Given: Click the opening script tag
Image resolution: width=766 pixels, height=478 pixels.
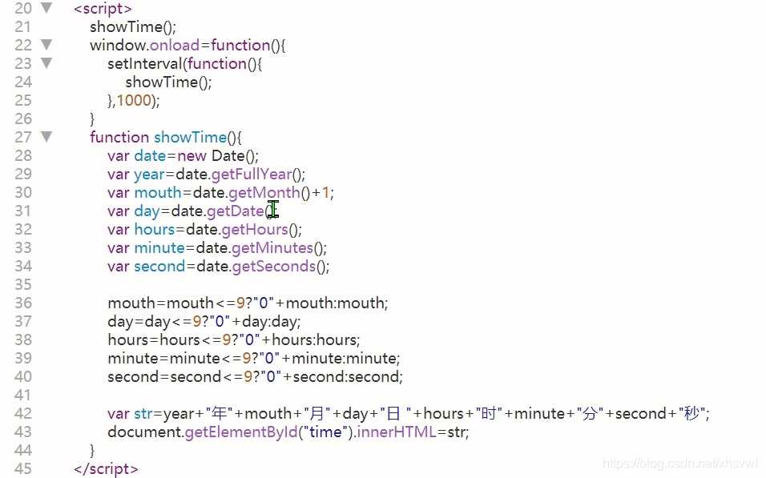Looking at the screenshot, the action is point(103,8).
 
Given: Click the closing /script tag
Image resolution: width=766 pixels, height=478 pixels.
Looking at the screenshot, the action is point(106,469).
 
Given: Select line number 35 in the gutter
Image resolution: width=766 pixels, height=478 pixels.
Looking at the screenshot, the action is point(23,285).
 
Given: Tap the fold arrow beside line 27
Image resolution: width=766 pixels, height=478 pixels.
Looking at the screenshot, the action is point(46,137).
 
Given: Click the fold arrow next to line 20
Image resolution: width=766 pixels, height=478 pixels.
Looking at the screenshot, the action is point(46,8).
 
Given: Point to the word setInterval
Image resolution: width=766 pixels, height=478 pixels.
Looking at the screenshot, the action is point(145,63).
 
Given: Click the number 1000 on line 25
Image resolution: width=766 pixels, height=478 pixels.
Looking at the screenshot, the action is point(134,100).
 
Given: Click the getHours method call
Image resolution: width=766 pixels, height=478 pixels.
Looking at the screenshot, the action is point(255,229).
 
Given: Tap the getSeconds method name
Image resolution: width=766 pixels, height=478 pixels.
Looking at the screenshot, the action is point(274,266).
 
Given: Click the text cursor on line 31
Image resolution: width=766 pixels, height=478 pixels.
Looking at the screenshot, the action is point(273,210).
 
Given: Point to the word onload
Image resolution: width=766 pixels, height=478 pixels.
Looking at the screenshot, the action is point(175,45).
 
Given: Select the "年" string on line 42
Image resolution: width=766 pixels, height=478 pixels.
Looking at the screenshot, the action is point(220,413).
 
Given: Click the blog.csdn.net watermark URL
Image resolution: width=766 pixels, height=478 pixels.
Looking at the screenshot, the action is point(680,464).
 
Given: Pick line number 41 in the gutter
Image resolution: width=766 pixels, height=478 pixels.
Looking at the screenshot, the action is point(23,395).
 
